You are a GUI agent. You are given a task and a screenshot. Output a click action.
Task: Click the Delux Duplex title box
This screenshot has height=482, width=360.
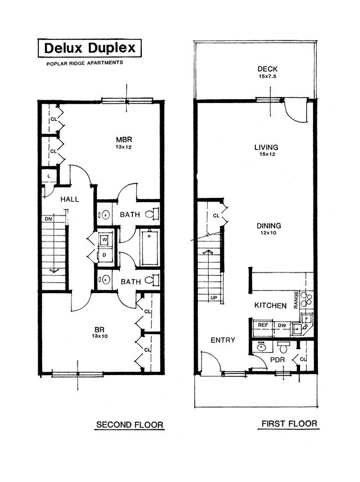(89, 48)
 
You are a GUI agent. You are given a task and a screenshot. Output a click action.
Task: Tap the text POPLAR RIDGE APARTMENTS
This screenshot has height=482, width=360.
(84, 63)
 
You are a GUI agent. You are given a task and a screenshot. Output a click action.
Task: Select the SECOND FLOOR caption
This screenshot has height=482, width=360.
(130, 425)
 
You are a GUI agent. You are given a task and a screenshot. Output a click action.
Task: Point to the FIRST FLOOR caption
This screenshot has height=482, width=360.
(289, 424)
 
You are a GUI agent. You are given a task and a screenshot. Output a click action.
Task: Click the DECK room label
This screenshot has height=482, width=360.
(267, 69)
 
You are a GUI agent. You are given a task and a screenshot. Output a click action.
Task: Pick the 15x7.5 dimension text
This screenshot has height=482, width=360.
(267, 76)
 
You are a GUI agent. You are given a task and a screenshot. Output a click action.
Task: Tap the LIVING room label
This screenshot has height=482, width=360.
(266, 147)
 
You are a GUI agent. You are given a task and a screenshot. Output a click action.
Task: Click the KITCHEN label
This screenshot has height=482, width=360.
(270, 305)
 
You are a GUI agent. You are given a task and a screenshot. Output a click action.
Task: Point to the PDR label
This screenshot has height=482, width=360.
(277, 360)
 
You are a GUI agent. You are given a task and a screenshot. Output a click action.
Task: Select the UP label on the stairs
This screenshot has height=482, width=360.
(214, 298)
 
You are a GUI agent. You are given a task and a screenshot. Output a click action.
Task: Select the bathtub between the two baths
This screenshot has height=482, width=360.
(150, 248)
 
